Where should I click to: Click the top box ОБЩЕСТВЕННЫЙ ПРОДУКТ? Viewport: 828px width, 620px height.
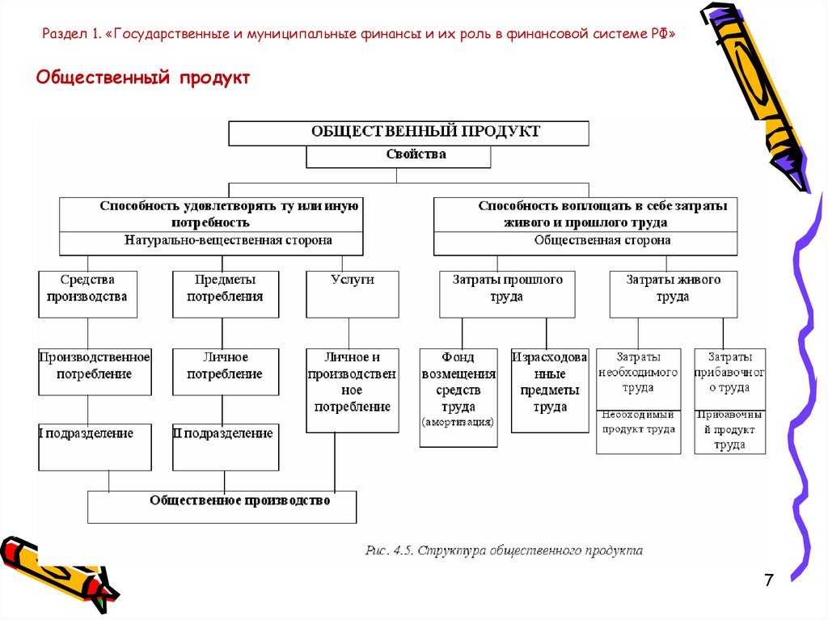pos(408,132)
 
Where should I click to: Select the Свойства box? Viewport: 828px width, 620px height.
pos(398,155)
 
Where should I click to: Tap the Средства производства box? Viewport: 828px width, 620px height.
pos(87,293)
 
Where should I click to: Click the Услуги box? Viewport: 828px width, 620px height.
pos(353,293)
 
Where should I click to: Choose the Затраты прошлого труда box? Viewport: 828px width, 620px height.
pos(507,293)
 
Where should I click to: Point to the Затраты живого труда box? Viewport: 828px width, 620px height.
pos(673,293)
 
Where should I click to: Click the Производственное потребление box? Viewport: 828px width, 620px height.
pos(95,371)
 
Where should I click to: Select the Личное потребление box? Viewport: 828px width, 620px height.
pos(226,371)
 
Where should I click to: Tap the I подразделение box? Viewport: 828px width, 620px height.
pos(95,446)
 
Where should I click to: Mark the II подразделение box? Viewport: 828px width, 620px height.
pos(226,446)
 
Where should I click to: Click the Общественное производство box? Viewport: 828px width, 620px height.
pos(222,507)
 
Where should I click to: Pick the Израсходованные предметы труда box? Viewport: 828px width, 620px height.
pos(550,390)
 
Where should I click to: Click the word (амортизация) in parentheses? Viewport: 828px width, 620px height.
pos(457,423)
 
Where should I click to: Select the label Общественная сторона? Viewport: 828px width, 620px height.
pos(602,241)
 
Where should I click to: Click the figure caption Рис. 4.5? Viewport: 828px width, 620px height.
pos(504,550)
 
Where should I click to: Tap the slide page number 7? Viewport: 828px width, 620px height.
pos(768,580)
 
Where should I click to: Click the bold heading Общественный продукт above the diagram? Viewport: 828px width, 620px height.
pos(144,78)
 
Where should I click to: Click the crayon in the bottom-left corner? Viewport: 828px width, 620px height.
pos(57,570)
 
